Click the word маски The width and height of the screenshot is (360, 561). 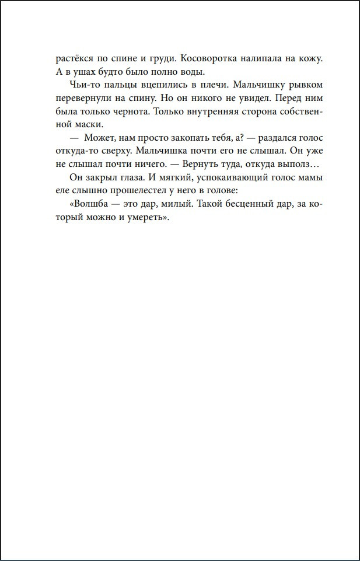[x=90, y=124]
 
